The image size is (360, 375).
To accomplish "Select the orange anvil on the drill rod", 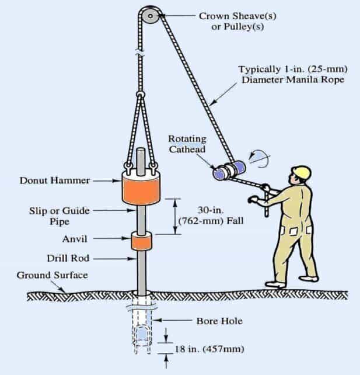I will click(141, 241).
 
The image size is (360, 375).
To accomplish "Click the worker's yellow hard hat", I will click(300, 172).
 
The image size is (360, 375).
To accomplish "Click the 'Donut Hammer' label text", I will click(53, 180).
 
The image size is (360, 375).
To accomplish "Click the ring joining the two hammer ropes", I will click(140, 95).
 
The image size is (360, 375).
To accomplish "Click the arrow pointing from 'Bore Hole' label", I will click(175, 321).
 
